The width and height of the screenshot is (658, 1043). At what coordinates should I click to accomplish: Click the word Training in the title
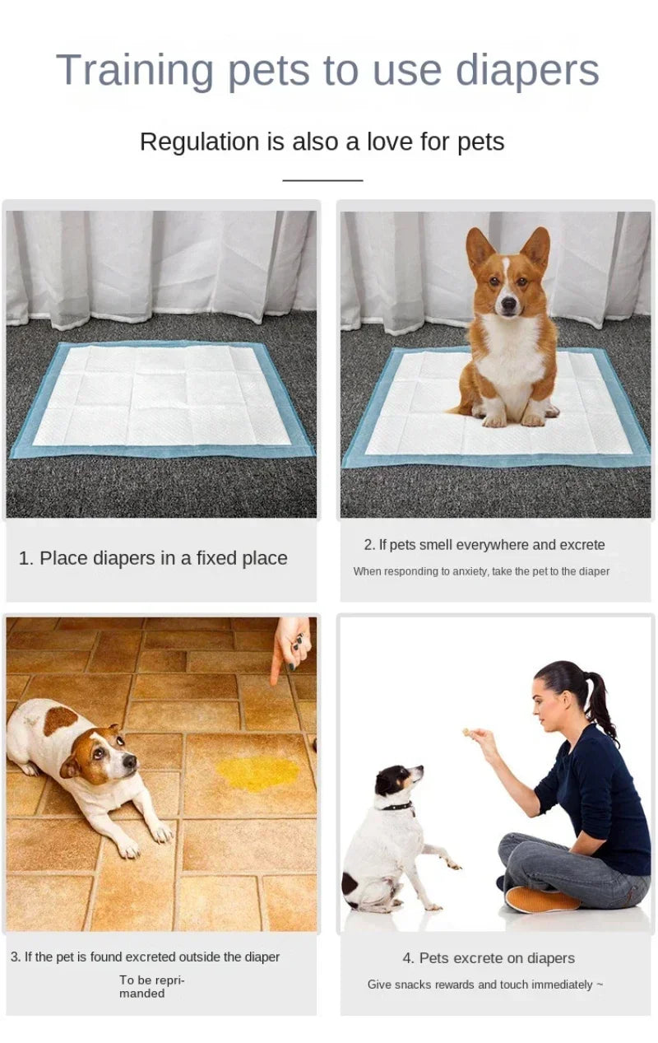click(137, 70)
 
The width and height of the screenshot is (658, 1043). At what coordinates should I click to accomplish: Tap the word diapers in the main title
click(527, 70)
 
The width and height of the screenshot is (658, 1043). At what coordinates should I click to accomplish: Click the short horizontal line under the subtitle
click(322, 179)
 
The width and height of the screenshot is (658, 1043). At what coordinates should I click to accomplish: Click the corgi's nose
click(508, 306)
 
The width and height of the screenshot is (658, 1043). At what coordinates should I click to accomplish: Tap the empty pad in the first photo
click(162, 397)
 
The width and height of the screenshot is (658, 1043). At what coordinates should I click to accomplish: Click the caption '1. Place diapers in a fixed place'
click(153, 558)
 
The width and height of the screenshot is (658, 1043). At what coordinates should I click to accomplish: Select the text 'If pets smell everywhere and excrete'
click(491, 545)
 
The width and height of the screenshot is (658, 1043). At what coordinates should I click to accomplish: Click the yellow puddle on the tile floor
click(257, 772)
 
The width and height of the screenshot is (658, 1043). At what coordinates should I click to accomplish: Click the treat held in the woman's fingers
click(466, 732)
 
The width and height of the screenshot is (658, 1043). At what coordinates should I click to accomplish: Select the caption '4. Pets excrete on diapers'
click(489, 958)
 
